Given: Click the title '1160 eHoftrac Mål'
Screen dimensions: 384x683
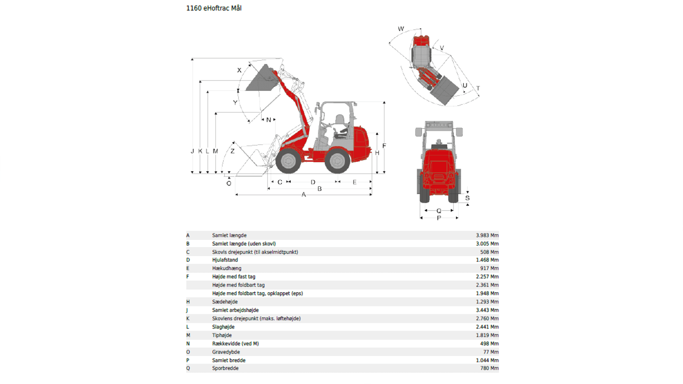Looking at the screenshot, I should pyautogui.click(x=214, y=8).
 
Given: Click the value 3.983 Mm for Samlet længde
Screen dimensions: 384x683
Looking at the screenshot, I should pyautogui.click(x=487, y=235).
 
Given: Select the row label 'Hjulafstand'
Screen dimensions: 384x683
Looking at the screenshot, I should pyautogui.click(x=225, y=260).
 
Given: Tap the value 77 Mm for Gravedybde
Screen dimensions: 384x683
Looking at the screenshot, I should pyautogui.click(x=491, y=352).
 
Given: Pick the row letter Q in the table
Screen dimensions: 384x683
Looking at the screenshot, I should pyautogui.click(x=188, y=368).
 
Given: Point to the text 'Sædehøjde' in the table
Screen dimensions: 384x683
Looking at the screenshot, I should pyautogui.click(x=225, y=302).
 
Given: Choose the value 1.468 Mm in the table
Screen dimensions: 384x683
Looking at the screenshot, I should pyautogui.click(x=487, y=260).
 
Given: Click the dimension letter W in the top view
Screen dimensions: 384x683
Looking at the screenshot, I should pyautogui.click(x=401, y=29).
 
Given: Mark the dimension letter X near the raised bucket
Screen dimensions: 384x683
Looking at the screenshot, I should pyautogui.click(x=239, y=70).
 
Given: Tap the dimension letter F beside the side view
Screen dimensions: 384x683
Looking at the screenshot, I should pyautogui.click(x=384, y=146).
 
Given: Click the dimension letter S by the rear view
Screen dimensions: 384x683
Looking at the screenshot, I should pyautogui.click(x=467, y=198).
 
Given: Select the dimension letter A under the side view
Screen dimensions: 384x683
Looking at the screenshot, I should pyautogui.click(x=303, y=194).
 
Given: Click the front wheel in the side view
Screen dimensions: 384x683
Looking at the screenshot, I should pyautogui.click(x=288, y=161).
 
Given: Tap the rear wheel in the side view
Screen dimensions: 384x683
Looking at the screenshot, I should pyautogui.click(x=337, y=161).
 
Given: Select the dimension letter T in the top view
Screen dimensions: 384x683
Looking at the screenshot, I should pyautogui.click(x=478, y=88).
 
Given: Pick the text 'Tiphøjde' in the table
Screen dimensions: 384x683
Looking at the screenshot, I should pyautogui.click(x=222, y=335).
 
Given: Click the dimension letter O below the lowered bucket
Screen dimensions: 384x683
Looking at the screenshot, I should pyautogui.click(x=229, y=183).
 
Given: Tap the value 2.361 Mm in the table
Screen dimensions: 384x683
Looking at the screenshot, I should pyautogui.click(x=487, y=285).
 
